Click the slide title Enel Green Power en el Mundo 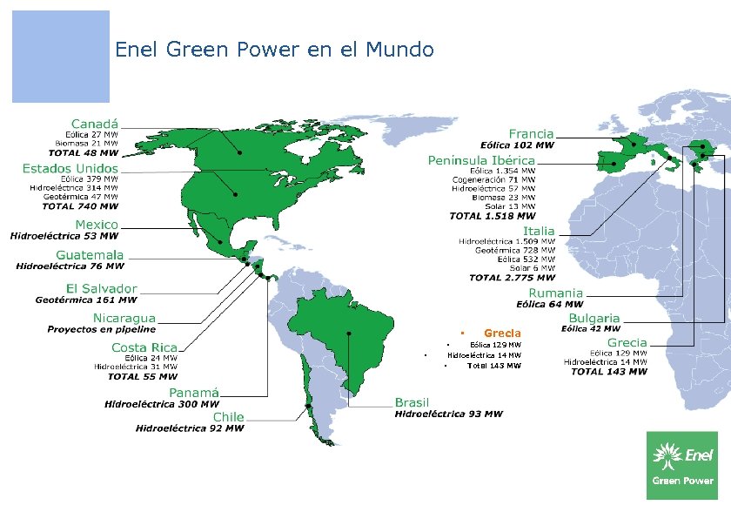[x=274, y=50]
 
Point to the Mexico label [x=97, y=224]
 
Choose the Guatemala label [x=90, y=254]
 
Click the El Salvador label [x=102, y=288]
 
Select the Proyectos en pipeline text [x=102, y=330]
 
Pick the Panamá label [x=194, y=393]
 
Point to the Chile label [x=228, y=417]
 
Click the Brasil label [x=412, y=402]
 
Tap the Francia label [x=531, y=133]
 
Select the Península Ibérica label [x=481, y=160]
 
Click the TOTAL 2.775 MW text [x=511, y=278]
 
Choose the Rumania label [x=555, y=293]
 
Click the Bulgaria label [x=595, y=318]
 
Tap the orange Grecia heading [x=502, y=333]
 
